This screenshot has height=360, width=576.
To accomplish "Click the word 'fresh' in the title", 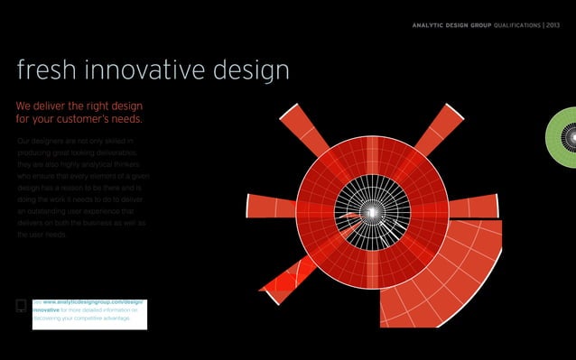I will [x=46, y=71].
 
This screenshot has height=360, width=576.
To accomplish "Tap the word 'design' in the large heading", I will [x=251, y=71].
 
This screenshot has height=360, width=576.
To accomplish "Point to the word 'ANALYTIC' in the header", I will [x=429, y=24].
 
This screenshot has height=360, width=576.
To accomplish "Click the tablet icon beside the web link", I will [x=23, y=306].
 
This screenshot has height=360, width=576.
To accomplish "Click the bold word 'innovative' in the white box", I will [x=47, y=309].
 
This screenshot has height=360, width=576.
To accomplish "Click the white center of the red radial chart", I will [x=371, y=212].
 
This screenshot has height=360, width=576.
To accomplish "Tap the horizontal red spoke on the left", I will [x=272, y=207].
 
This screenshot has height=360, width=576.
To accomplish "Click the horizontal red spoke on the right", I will [x=473, y=207].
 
